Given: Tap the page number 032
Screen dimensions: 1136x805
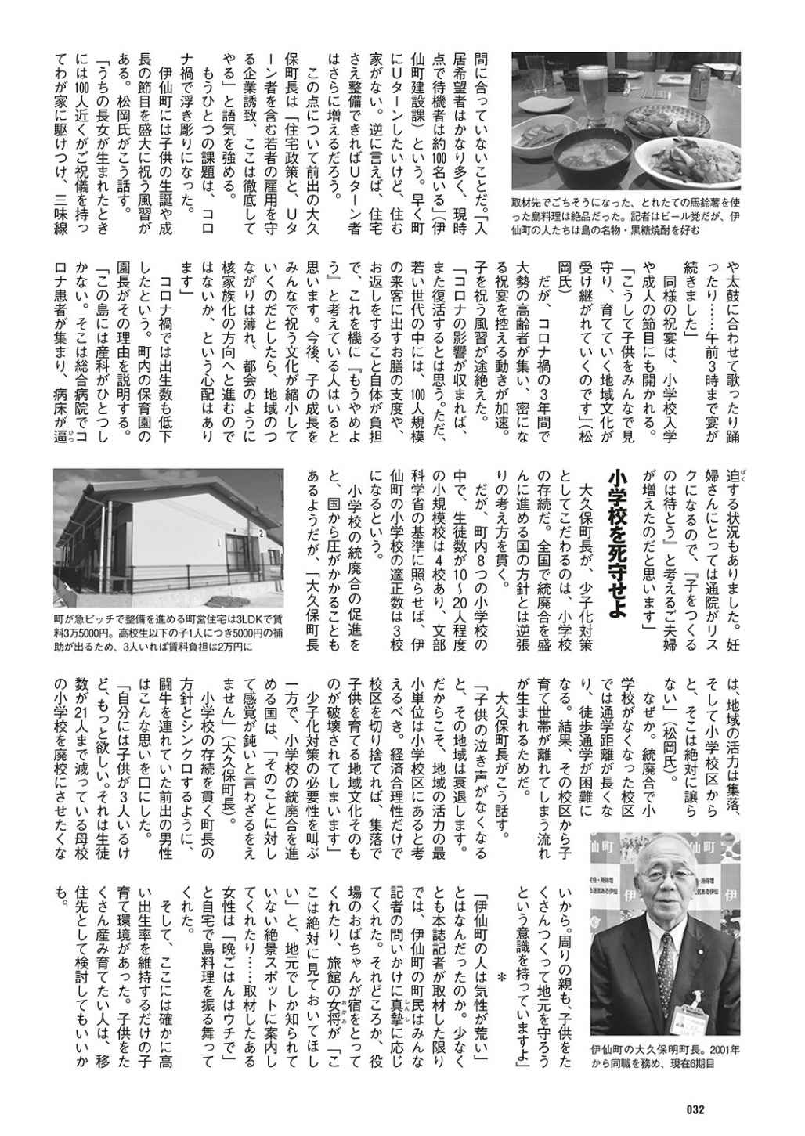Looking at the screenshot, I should (x=696, y=1108).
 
